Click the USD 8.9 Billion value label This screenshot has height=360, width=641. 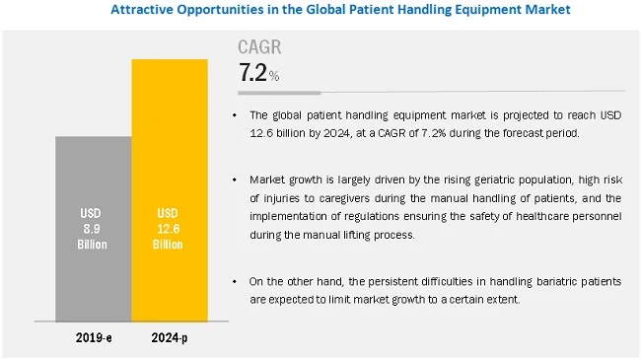point(93,229)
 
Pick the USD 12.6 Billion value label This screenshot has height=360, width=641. point(170,229)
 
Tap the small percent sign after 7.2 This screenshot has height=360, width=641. point(274,76)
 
